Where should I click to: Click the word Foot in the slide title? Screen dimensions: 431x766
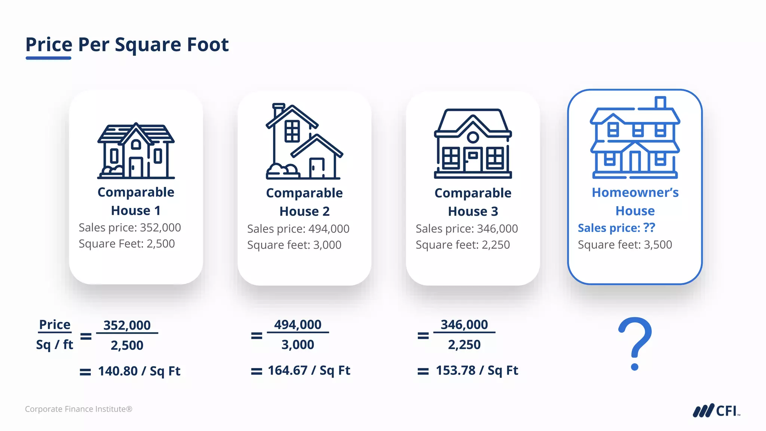208,45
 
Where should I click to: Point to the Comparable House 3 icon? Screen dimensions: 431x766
473,144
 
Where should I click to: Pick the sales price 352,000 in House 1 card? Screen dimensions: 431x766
160,227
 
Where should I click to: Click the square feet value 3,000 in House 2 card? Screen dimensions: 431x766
327,245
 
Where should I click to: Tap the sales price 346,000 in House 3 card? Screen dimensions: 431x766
497,229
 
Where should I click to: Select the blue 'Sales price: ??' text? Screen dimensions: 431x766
616,228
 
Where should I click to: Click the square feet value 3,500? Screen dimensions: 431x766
658,245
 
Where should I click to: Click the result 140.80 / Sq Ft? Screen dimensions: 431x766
139,371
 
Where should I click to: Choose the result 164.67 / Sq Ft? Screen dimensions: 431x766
309,370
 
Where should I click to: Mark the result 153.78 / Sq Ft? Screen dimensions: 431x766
477,370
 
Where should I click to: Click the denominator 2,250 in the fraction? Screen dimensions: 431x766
464,345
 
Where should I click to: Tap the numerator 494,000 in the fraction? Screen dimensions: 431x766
298,324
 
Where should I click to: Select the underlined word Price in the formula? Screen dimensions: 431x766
55,324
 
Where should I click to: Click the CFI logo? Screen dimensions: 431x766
716,410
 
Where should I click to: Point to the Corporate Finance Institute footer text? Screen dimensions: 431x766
79,409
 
